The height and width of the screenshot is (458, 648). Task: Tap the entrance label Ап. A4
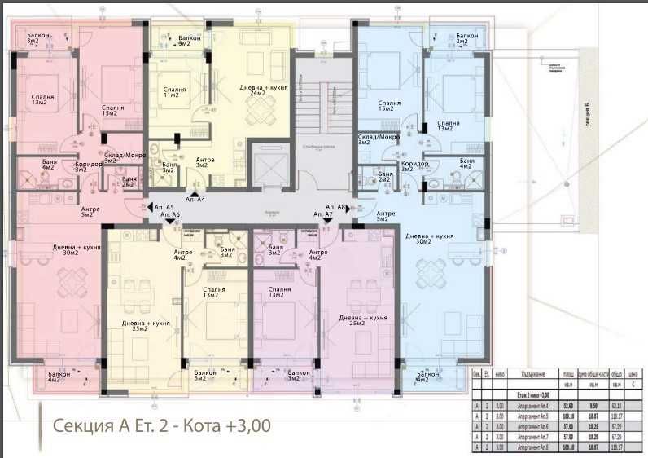pos(195,199)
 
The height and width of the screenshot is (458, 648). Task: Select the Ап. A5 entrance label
pos(164,208)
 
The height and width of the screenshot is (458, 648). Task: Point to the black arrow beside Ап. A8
pos(348,208)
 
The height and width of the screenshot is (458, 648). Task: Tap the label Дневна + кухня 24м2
pos(264,90)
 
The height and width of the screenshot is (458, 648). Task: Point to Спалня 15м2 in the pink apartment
pos(113,111)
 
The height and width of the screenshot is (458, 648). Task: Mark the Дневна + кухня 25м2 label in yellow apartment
pos(147,326)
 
